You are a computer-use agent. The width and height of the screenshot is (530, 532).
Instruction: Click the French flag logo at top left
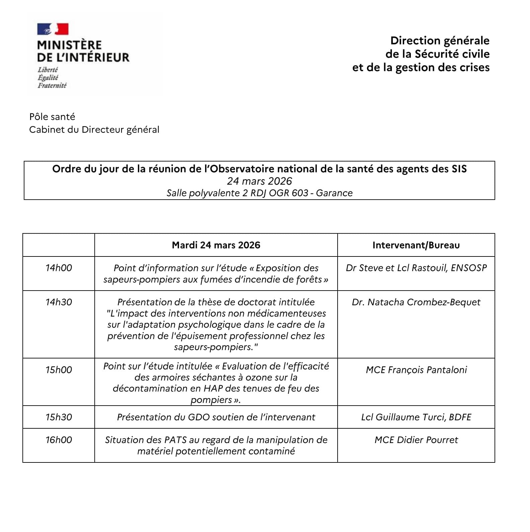53,29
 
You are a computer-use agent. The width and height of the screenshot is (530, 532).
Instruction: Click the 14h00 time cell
59,268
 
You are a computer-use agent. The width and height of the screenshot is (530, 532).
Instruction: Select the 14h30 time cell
59,302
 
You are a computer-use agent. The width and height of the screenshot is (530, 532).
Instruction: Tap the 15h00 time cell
59,370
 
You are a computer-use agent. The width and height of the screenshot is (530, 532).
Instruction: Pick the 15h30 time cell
59,417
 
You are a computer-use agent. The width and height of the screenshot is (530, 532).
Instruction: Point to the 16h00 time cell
59,440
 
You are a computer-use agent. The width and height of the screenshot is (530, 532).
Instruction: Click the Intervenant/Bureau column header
416,245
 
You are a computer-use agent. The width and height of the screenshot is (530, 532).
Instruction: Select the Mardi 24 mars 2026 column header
216,245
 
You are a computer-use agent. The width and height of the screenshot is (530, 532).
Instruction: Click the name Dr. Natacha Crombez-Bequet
416,302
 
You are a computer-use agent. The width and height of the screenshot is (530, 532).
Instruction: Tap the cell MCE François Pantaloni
416,370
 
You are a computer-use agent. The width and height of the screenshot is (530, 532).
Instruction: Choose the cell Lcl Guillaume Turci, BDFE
416,417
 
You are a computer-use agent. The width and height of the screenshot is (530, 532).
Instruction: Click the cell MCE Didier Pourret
416,440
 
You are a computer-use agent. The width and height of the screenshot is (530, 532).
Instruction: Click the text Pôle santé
52,117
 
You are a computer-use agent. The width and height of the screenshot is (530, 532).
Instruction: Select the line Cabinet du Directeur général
94,129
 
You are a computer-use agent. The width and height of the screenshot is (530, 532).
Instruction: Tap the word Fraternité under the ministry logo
52,86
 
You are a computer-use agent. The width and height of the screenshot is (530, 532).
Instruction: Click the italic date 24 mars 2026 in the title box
259,181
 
